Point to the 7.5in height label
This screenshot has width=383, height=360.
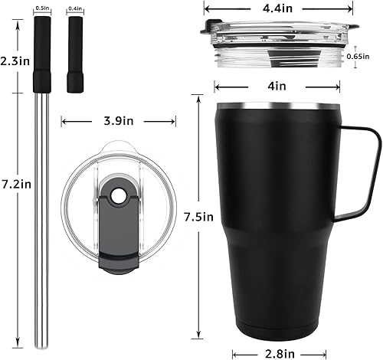(198, 217)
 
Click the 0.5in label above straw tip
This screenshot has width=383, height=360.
(43, 8)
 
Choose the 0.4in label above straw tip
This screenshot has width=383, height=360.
(75, 8)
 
